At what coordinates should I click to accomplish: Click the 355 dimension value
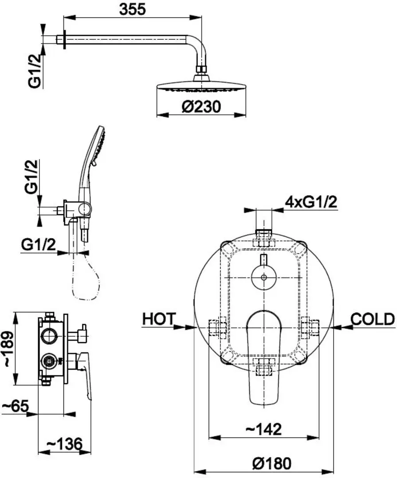tap(133, 9)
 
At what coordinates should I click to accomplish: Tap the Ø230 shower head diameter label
tap(201, 107)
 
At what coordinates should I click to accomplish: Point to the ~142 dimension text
tap(263, 429)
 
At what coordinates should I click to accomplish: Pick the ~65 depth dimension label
tap(15, 406)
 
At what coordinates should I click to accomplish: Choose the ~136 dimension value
tap(64, 444)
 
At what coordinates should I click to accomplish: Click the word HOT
tap(159, 319)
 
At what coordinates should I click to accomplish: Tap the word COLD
tap(373, 319)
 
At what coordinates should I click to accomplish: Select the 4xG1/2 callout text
tap(311, 202)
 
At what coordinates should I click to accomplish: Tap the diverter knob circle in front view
tap(264, 278)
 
